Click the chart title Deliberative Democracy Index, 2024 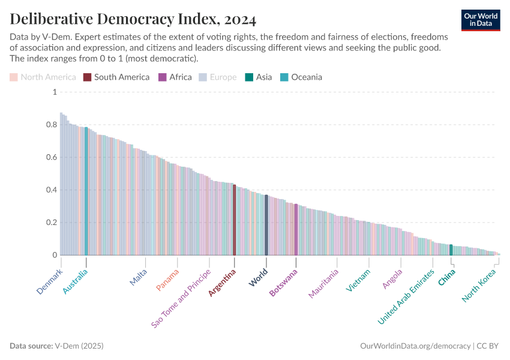[x=133, y=19]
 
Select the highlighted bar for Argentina [x=234, y=220]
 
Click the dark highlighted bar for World [x=266, y=225]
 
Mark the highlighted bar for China [x=451, y=250]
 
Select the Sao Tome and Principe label [x=181, y=298]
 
